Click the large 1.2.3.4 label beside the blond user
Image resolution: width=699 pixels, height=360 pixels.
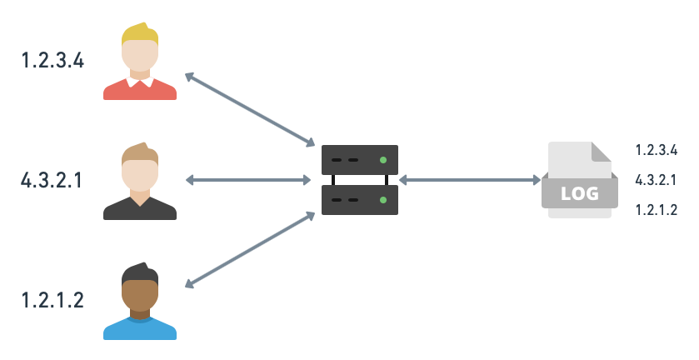[52, 60]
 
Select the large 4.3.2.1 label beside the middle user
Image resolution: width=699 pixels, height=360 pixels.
[52, 180]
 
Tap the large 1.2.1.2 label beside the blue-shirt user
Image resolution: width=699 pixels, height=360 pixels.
[52, 300]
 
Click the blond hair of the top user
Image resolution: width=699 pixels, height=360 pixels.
[139, 33]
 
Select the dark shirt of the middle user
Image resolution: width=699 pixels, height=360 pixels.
[139, 209]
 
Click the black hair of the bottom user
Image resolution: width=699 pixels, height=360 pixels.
[139, 273]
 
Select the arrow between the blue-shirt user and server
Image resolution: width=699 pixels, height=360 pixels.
[249, 249]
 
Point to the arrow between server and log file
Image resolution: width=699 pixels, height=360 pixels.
[470, 179]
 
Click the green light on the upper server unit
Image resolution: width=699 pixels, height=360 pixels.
[382, 159]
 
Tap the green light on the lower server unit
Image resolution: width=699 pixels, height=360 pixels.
[382, 199]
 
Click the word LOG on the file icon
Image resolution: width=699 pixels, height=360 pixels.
[580, 193]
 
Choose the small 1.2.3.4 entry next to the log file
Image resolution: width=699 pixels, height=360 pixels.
[656, 150]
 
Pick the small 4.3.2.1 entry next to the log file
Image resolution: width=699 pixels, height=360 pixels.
[656, 180]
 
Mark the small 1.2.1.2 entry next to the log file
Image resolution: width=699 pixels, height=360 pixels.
[656, 210]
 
